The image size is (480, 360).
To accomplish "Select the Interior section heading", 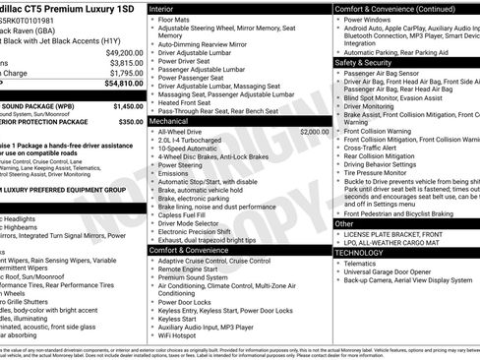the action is tap(167, 8).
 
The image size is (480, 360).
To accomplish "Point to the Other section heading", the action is tap(345, 223).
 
